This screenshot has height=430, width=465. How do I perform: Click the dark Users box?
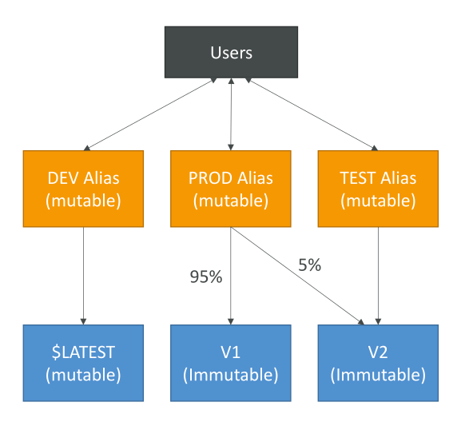(232, 52)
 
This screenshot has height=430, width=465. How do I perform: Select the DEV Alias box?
(83, 189)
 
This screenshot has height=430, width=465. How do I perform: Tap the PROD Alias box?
(231, 189)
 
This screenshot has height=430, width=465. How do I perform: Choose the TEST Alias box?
(378, 189)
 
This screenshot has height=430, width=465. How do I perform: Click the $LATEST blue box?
(83, 363)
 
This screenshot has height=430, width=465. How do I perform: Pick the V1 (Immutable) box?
(231, 363)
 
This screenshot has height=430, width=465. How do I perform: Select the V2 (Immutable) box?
(378, 363)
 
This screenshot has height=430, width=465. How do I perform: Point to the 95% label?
(206, 277)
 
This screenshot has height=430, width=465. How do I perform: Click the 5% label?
(310, 265)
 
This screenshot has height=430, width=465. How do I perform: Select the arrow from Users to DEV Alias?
(150, 114)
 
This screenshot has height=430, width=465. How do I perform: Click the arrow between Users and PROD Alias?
(231, 114)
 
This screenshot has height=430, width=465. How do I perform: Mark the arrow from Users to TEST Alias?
(312, 114)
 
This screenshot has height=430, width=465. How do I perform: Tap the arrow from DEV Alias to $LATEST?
(83, 276)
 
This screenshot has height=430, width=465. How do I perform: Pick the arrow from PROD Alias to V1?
(231, 276)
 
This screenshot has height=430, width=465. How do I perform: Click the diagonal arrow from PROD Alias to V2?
(297, 276)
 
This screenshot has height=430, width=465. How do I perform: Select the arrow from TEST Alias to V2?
(378, 276)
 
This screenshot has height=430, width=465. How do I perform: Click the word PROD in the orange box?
(210, 178)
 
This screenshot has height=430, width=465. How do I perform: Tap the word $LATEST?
(83, 352)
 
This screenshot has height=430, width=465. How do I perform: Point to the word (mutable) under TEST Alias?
(378, 201)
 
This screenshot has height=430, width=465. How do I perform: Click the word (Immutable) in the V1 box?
(231, 375)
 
